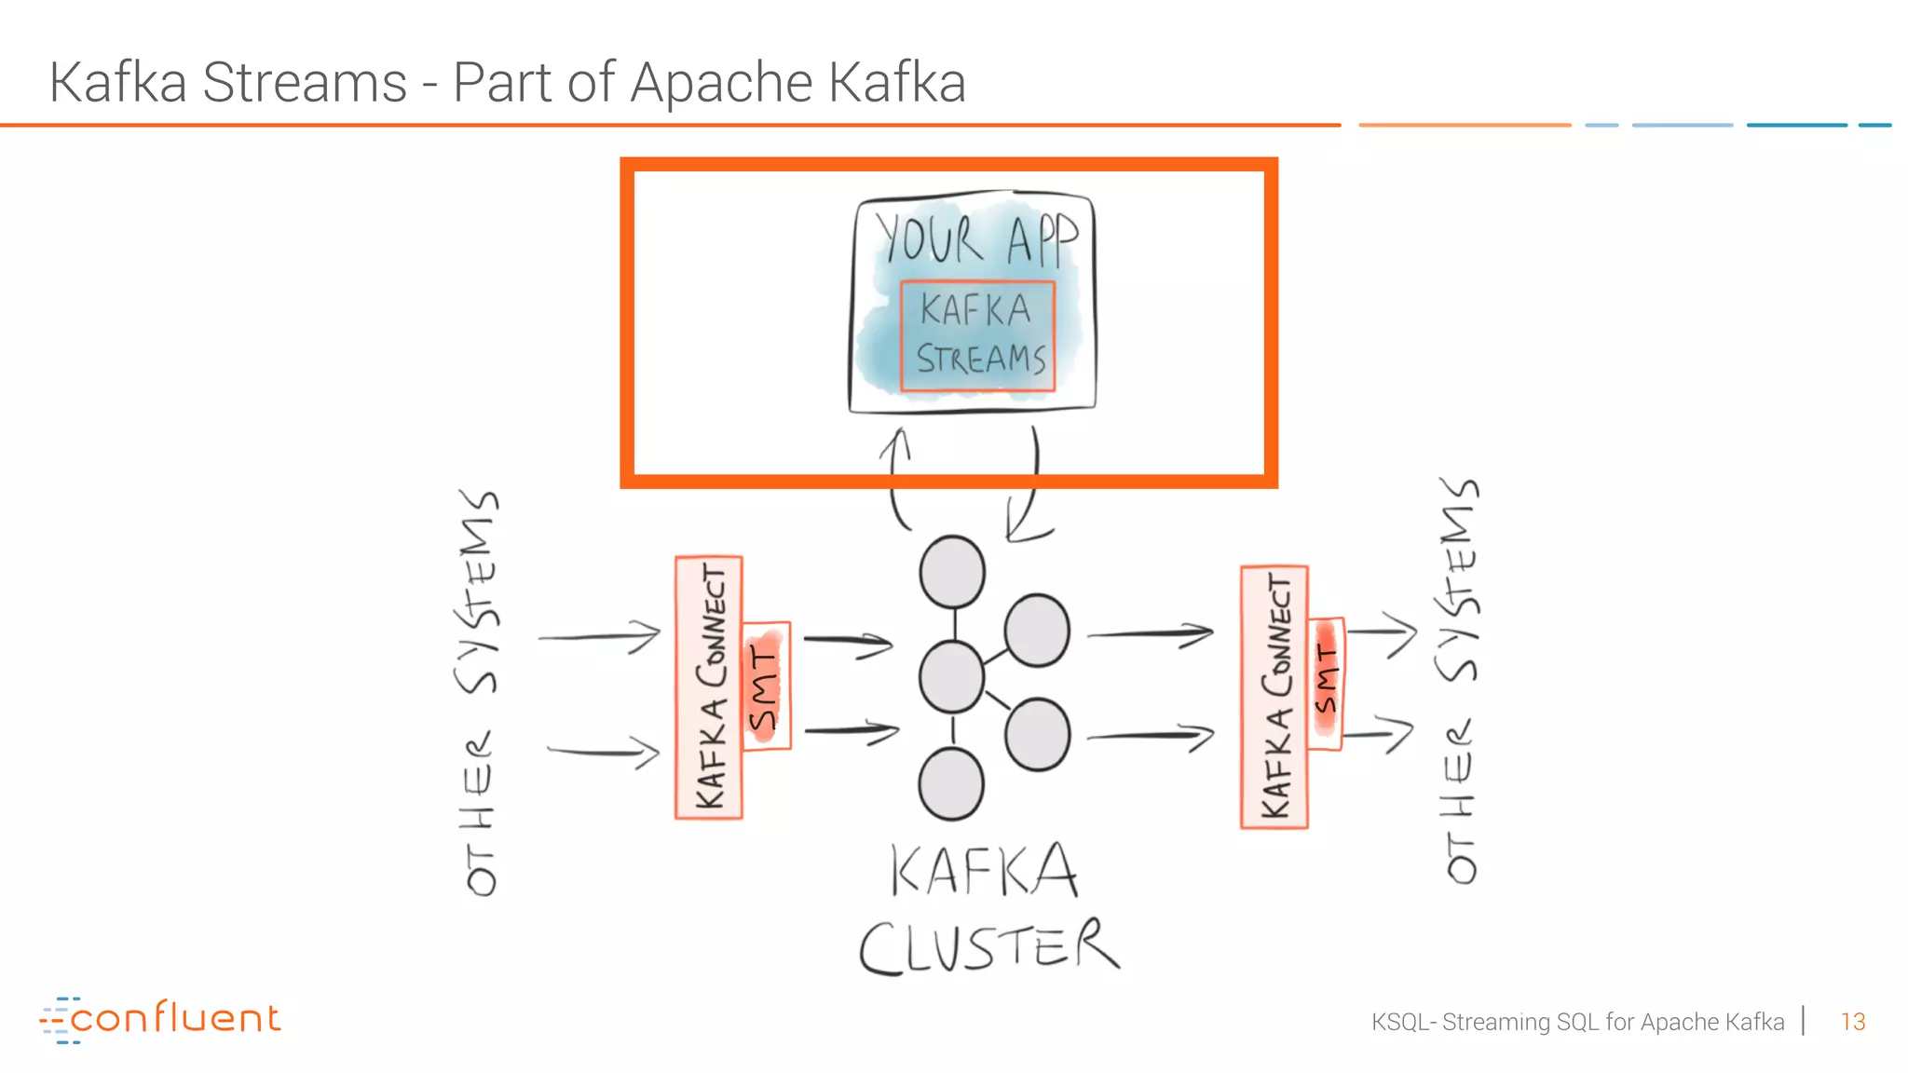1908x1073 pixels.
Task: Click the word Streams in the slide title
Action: pos(305,82)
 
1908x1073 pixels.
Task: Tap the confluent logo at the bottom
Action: pos(160,1018)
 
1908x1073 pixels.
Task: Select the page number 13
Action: pos(1852,1022)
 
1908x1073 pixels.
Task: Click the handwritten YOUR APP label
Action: pos(974,238)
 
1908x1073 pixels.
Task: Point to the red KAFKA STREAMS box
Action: pos(978,335)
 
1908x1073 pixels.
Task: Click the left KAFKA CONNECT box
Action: pos(709,687)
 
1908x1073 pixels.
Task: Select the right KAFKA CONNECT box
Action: pos(1274,697)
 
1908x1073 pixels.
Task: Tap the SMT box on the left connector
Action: pos(767,686)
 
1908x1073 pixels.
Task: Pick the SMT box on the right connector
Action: pos(1326,683)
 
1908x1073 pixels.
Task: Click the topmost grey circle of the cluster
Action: pos(952,572)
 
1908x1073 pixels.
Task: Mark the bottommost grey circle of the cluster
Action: pos(951,784)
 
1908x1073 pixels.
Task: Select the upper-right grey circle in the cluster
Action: pos(1037,631)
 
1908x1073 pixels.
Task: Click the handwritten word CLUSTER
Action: pos(988,946)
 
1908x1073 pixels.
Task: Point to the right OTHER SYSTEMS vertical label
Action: pos(1459,680)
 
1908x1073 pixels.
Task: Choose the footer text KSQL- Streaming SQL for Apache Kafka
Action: pos(1576,1022)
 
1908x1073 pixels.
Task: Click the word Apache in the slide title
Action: pos(722,82)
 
